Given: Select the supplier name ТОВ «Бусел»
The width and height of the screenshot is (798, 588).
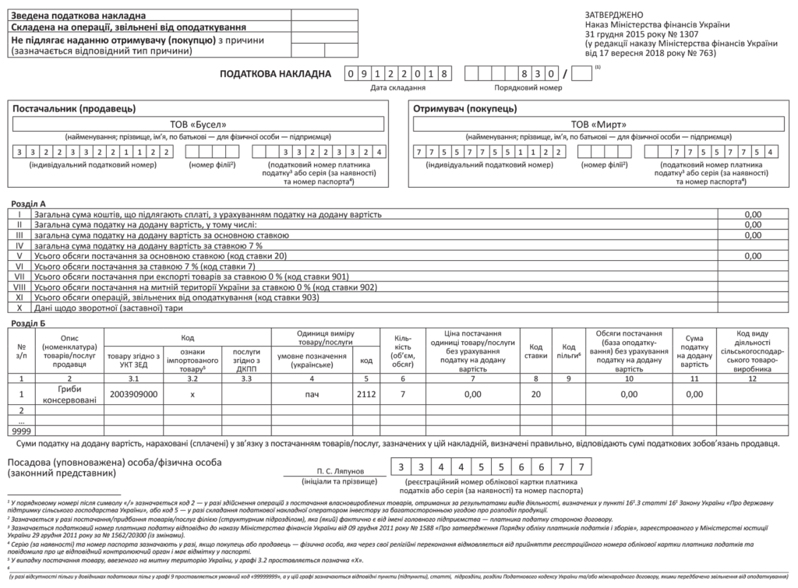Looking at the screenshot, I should (202, 124).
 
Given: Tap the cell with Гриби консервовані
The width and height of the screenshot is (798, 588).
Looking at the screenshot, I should (69, 394).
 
